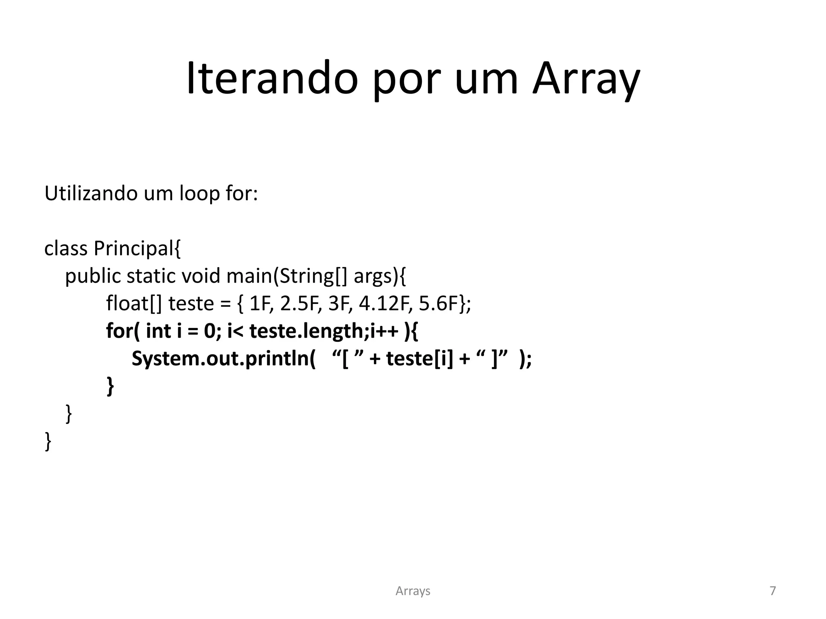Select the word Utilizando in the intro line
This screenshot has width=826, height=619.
91,193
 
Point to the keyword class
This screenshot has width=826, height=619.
66,248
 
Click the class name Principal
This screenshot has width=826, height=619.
137,248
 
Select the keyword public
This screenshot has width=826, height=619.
93,276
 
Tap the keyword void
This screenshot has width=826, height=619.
201,276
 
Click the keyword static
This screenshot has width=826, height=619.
151,276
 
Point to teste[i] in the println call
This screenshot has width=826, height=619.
420,359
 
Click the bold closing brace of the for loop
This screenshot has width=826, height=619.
110,386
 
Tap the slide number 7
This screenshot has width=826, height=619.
773,591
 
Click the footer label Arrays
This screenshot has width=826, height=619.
413,591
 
